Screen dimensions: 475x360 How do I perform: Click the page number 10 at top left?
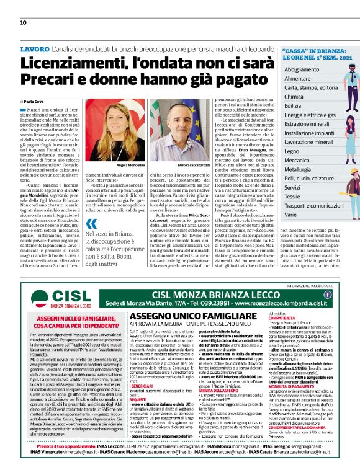(x=23, y=22)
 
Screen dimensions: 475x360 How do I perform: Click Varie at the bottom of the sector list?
(x=290, y=214)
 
